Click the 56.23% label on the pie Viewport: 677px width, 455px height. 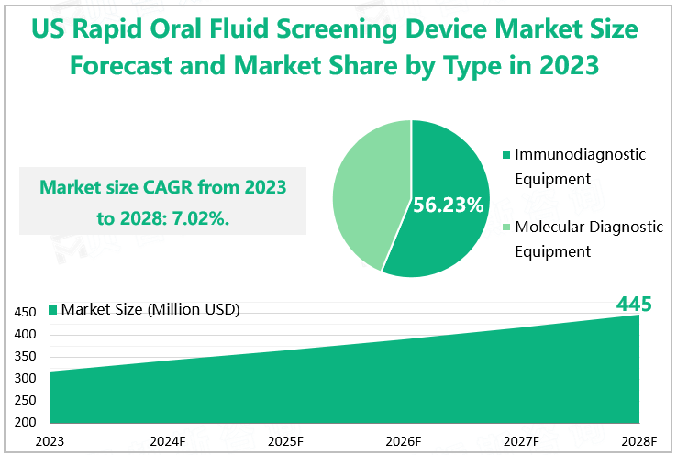click(449, 205)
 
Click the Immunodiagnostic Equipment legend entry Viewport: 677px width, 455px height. click(579, 166)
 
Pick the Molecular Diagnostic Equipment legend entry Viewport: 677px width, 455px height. click(588, 239)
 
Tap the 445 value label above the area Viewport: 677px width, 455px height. click(634, 304)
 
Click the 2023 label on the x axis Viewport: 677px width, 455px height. click(50, 440)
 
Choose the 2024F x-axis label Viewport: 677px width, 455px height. click(169, 440)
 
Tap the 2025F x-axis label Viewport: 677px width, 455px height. click(286, 440)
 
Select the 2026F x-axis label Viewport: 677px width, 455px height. click(405, 440)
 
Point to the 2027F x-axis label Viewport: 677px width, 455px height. click(522, 440)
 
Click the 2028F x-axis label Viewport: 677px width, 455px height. click(639, 440)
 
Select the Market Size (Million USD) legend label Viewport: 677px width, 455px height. click(150, 309)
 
